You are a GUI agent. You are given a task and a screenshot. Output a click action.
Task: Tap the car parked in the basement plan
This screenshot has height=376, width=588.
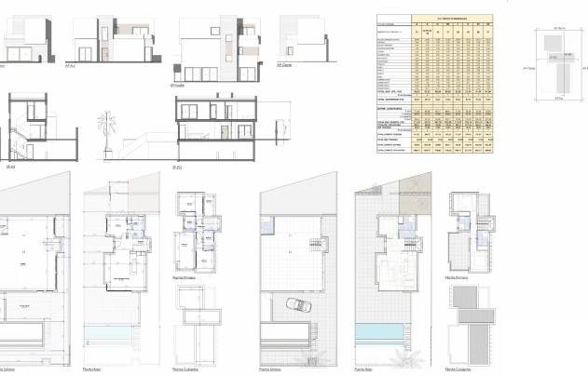[x=292, y=306]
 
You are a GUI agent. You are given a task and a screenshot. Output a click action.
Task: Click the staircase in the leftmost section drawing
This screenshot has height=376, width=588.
[x=20, y=131]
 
